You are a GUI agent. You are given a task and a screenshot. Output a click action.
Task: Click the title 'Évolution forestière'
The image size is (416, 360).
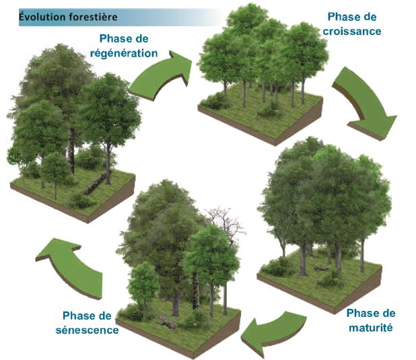click(x=68, y=17)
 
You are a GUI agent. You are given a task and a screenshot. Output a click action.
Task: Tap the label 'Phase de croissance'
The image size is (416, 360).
click(x=352, y=24)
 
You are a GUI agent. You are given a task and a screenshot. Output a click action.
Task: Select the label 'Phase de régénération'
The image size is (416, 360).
click(x=124, y=46)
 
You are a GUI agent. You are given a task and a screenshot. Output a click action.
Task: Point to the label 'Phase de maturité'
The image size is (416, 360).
click(x=371, y=320)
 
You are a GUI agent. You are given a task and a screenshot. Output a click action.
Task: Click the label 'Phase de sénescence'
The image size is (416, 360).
click(x=87, y=323)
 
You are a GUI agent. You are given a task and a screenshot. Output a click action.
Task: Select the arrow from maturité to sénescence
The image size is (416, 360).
click(x=273, y=332)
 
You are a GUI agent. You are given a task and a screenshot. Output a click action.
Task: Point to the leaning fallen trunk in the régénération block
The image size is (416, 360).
click(x=96, y=184)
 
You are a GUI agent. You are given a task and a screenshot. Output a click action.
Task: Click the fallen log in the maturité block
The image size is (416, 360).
click(x=322, y=268)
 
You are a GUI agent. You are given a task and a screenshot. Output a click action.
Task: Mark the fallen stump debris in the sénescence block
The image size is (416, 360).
click(x=168, y=322)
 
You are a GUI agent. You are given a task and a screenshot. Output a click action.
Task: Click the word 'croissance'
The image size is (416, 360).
click(x=352, y=32)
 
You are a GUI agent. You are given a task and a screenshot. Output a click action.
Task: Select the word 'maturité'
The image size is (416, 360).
click(x=371, y=328)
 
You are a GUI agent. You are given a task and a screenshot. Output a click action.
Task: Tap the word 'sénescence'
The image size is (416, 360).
click(x=87, y=330)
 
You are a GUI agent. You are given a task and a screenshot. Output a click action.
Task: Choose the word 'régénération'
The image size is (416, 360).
click(x=124, y=53)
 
